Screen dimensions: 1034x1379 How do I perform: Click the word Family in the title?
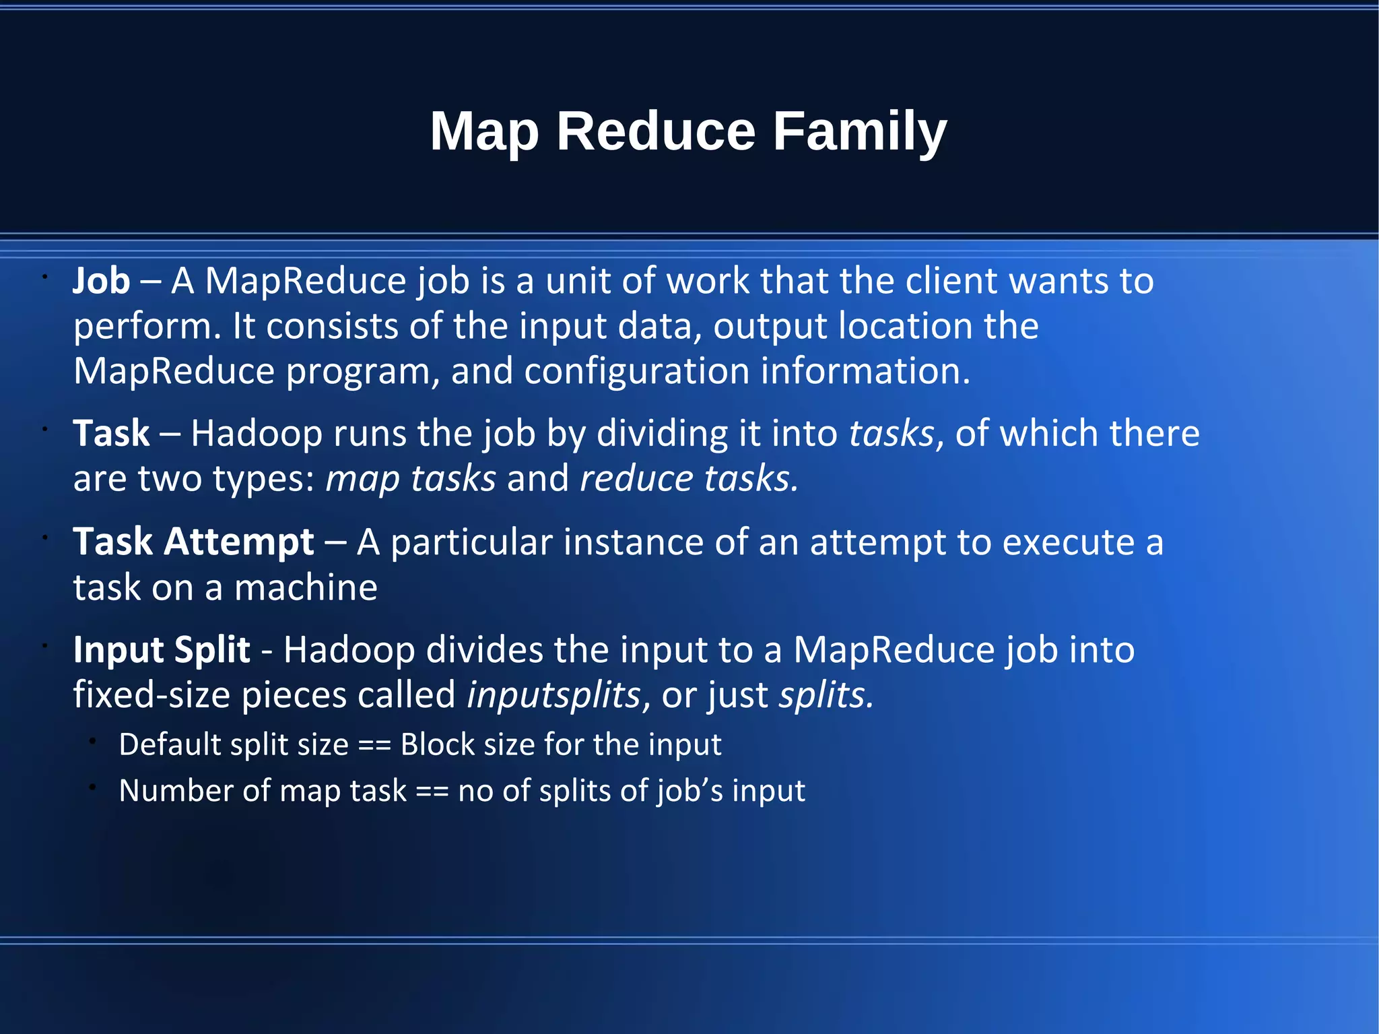[859, 131]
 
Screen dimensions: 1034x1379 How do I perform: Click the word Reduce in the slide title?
[656, 131]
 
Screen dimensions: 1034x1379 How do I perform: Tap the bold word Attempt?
[239, 542]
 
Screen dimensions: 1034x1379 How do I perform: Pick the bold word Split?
[212, 650]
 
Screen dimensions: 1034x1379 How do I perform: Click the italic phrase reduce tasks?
[688, 478]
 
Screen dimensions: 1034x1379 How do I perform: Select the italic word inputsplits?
[553, 695]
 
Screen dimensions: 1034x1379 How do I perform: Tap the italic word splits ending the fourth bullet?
[826, 695]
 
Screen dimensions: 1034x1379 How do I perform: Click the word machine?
[306, 587]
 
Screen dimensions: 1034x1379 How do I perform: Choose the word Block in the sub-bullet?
[438, 745]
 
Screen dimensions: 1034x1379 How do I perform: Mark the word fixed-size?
[152, 695]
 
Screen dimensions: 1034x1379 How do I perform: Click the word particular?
[471, 542]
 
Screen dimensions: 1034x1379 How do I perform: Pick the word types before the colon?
[259, 480]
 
